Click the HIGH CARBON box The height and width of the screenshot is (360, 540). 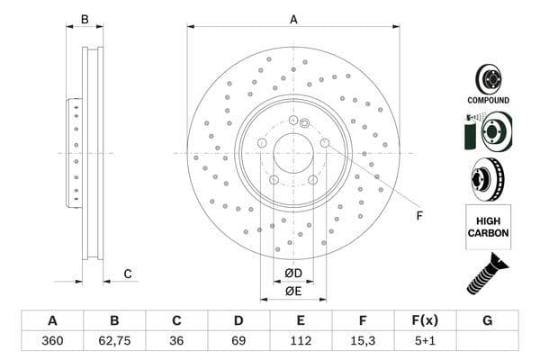pyautogui.click(x=488, y=226)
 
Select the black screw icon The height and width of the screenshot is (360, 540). pyautogui.click(x=487, y=274)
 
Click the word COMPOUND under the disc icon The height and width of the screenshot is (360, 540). pyautogui.click(x=488, y=100)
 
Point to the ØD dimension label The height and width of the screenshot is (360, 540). pyautogui.click(x=293, y=274)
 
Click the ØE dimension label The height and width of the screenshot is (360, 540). pyautogui.click(x=293, y=291)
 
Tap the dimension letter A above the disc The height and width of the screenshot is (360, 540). pyautogui.click(x=293, y=19)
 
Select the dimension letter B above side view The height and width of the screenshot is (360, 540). pyautogui.click(x=85, y=19)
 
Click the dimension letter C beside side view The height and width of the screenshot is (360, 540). pyautogui.click(x=128, y=274)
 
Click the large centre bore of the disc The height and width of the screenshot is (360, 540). pyautogui.click(x=292, y=153)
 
